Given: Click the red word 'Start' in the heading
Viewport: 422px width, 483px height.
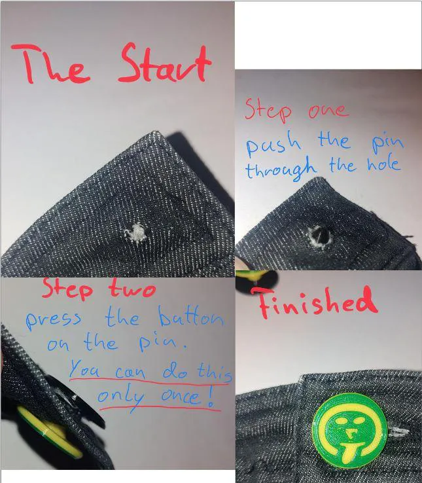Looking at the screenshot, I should [x=166, y=64].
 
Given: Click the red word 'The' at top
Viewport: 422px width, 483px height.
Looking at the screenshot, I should [x=55, y=65].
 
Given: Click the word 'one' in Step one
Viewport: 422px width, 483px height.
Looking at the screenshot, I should [x=328, y=110].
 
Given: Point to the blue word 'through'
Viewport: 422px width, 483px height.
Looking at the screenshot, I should [x=281, y=170].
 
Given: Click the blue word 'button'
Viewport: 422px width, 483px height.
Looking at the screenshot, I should [x=190, y=318].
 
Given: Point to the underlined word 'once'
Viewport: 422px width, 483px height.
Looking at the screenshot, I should [x=184, y=397].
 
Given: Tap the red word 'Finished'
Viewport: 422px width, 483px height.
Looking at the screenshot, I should [x=317, y=302].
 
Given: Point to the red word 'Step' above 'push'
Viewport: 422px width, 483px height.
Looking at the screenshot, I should [x=269, y=109].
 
